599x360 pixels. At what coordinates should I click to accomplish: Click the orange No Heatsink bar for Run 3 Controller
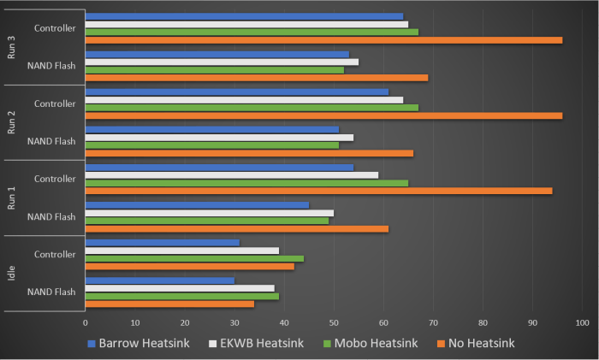pyautogui.click(x=323, y=39)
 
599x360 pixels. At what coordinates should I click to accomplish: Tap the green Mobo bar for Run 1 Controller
pyautogui.click(x=246, y=182)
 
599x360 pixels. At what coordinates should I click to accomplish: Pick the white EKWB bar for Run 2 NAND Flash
pyautogui.click(x=219, y=137)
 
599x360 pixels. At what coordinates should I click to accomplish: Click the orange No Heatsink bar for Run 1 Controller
pyautogui.click(x=318, y=191)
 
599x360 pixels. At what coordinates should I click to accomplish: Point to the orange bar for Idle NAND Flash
pyautogui.click(x=169, y=304)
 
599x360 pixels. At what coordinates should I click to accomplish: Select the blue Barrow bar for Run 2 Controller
pyautogui.click(x=237, y=91)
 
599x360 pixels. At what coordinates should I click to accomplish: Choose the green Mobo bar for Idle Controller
pyautogui.click(x=194, y=257)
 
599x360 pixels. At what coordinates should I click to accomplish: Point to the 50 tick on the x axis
pyautogui.click(x=334, y=322)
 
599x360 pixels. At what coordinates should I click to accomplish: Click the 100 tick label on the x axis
pyautogui.click(x=582, y=322)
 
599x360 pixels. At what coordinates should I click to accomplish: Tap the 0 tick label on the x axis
pyautogui.click(x=86, y=322)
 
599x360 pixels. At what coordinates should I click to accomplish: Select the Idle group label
pyautogui.click(x=11, y=273)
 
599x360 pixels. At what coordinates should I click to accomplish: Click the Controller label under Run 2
pyautogui.click(x=55, y=103)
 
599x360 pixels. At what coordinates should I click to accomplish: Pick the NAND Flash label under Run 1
pyautogui.click(x=51, y=216)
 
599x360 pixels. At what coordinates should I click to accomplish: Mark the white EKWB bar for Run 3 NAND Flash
pyautogui.click(x=222, y=62)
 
